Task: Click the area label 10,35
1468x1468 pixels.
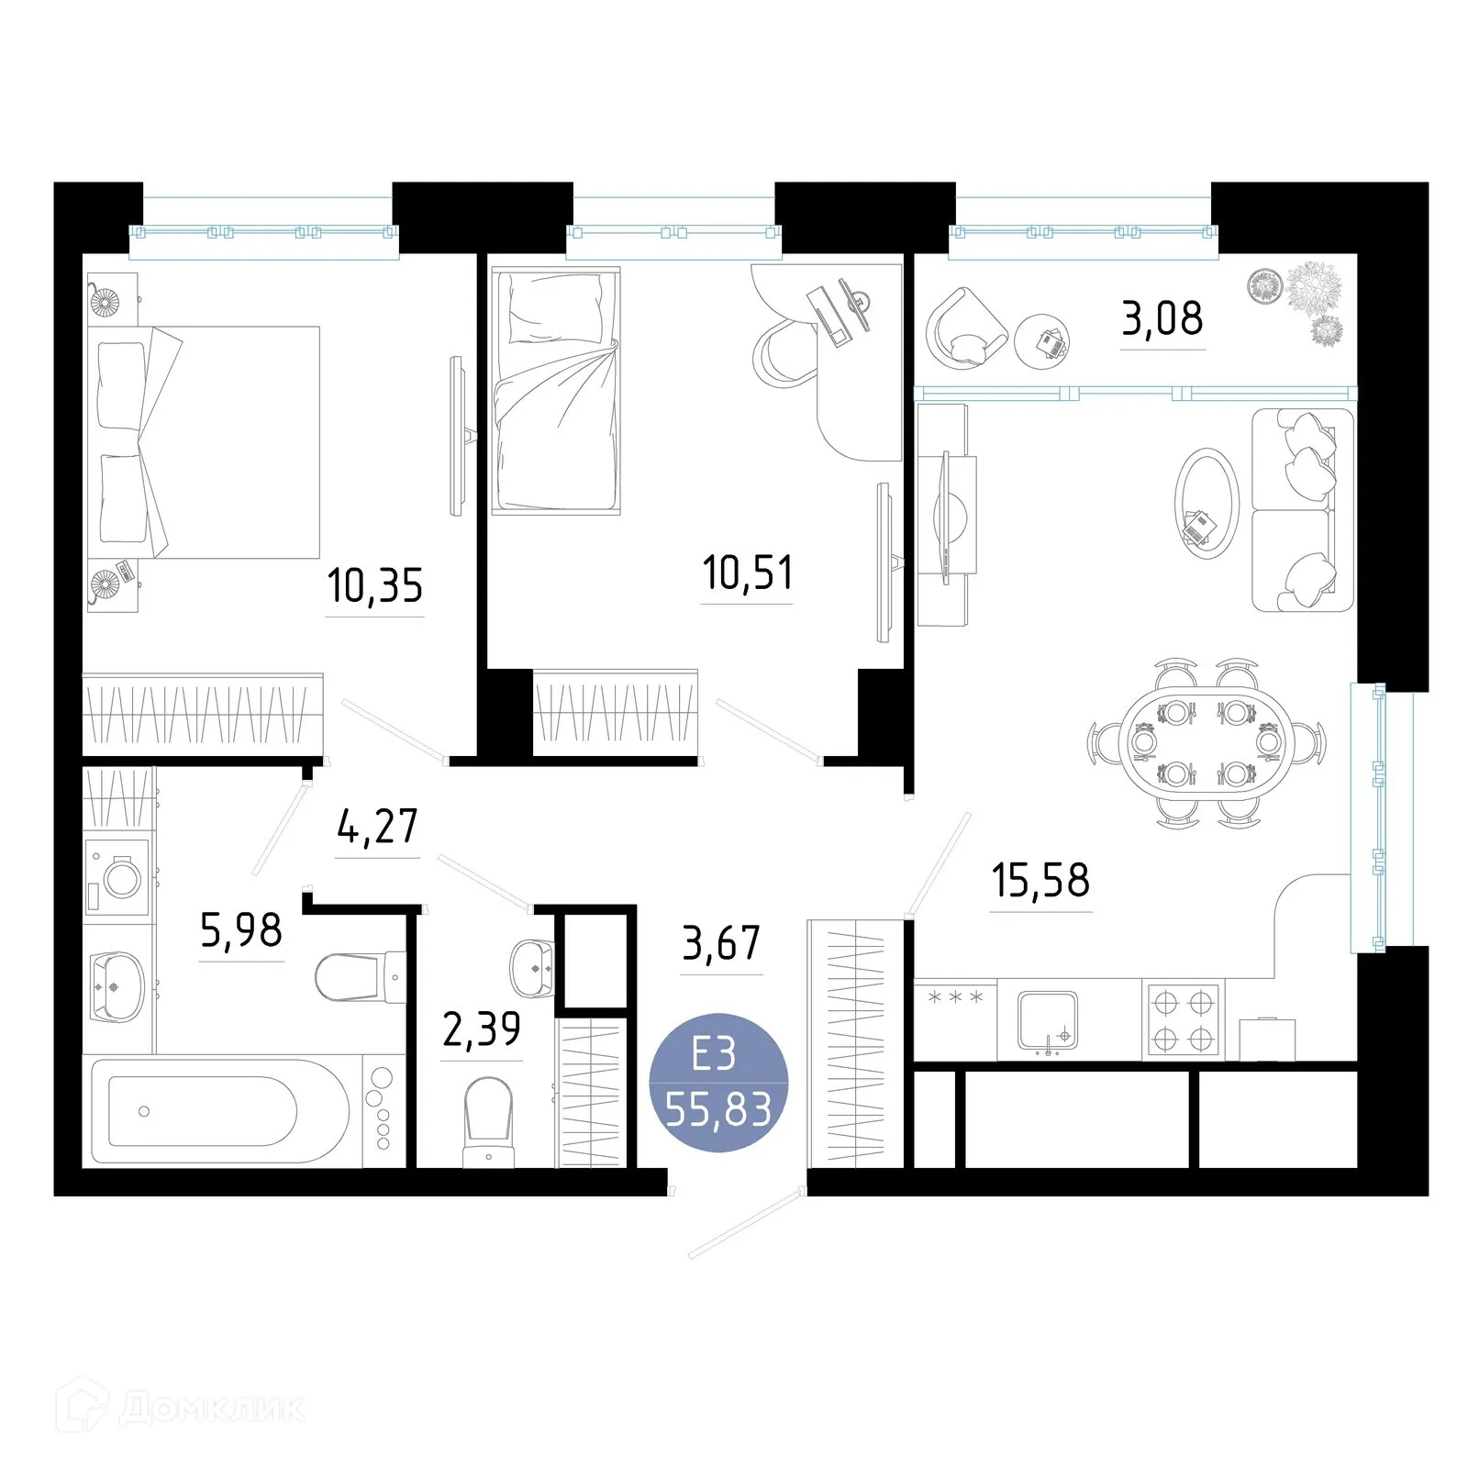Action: coord(374,585)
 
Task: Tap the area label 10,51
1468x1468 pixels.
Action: coord(747,573)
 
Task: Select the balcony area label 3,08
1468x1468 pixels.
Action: coord(1162,318)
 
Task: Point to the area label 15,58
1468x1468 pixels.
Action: coord(1040,880)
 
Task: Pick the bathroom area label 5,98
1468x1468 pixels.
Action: coord(241,930)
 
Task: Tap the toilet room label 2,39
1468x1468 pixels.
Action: coord(481,1029)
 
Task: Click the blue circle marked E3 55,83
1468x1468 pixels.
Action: coord(717,1083)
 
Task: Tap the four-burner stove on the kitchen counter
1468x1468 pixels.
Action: coord(1183,1020)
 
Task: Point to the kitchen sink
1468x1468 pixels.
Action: coord(1047,1019)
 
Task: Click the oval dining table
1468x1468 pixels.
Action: coord(1206,743)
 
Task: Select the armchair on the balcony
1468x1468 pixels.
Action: coord(965,329)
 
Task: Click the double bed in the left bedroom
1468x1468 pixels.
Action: coord(206,442)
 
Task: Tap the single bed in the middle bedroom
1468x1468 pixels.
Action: coord(555,390)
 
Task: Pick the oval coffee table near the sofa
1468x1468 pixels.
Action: coord(1206,503)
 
